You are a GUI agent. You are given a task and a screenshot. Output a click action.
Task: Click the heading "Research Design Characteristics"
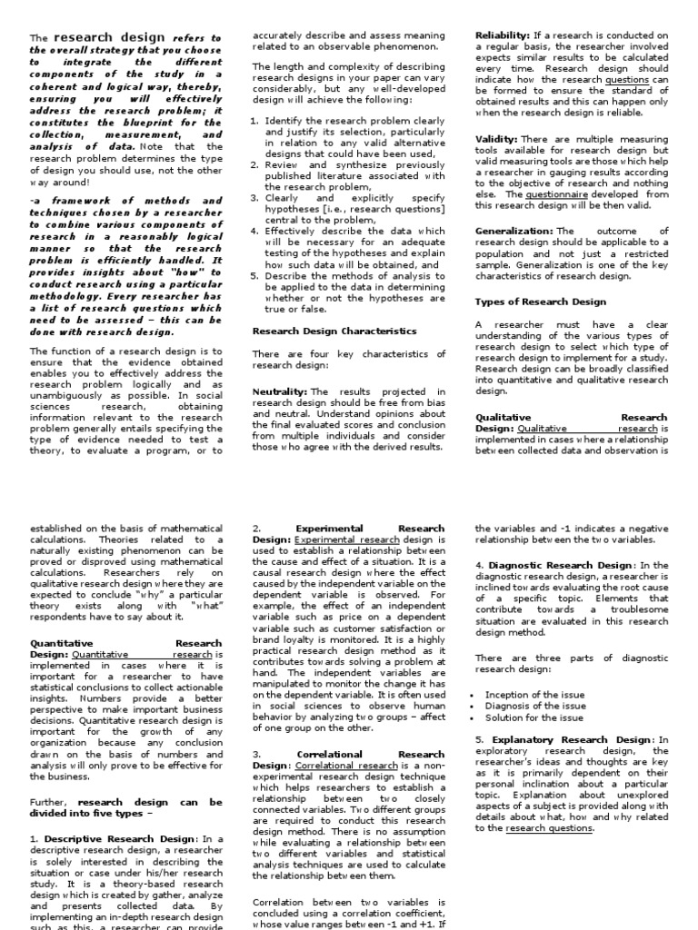pyautogui.click(x=334, y=331)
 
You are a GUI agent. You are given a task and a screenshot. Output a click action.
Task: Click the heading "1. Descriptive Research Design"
pyautogui.click(x=112, y=837)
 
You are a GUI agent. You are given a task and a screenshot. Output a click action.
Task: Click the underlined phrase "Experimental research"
pyautogui.click(x=347, y=539)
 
